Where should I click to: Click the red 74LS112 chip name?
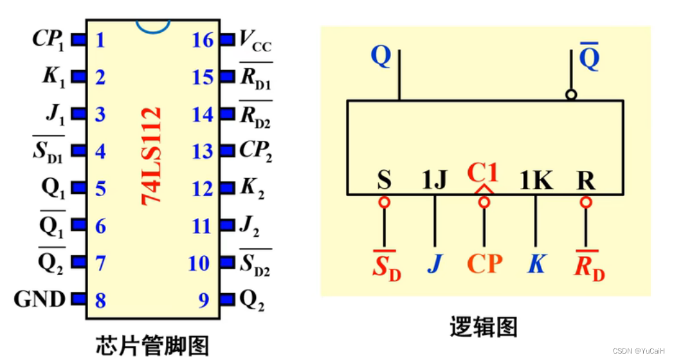[x=152, y=156]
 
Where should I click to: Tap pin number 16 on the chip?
[x=203, y=40]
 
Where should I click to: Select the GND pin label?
[x=39, y=300]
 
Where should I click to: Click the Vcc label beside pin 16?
[x=255, y=41]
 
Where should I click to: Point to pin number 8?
[x=100, y=300]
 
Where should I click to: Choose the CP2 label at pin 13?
[x=255, y=152]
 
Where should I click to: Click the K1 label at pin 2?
[x=53, y=77]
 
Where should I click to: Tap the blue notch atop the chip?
[x=152, y=26]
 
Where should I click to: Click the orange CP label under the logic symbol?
[x=484, y=264]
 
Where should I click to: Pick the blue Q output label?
[x=381, y=57]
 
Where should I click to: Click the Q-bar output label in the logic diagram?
[x=589, y=58]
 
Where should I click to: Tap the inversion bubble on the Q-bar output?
[x=571, y=94]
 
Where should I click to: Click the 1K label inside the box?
[x=536, y=181]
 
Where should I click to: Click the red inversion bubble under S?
[x=384, y=202]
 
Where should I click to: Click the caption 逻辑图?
[x=484, y=327]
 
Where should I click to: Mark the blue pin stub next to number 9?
[x=226, y=300]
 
